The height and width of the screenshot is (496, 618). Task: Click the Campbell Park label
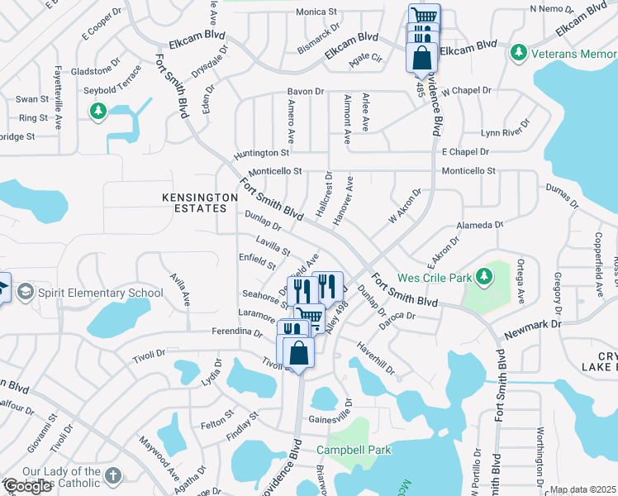[354, 451]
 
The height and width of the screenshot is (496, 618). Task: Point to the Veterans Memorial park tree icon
[519, 53]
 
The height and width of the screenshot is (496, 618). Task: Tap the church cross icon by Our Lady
[113, 476]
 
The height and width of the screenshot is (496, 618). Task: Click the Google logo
[27, 487]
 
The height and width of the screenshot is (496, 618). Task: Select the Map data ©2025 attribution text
[582, 489]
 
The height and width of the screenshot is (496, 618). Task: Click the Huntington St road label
[262, 152]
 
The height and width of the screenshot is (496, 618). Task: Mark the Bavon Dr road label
[305, 91]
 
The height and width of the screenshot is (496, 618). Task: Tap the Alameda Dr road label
[480, 225]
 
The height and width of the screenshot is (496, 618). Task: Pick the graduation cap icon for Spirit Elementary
[25, 292]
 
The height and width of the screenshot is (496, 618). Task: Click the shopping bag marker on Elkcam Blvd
[421, 57]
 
